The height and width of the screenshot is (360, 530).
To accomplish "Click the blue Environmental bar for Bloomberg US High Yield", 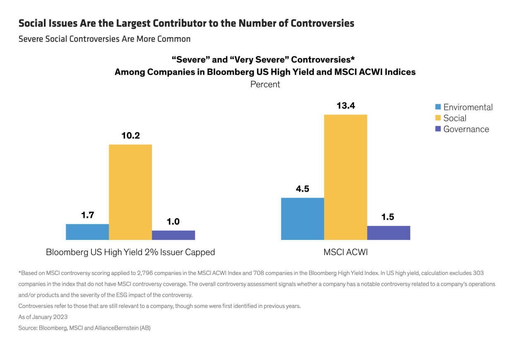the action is [87, 232].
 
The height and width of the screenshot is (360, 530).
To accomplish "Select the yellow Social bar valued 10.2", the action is [130, 192].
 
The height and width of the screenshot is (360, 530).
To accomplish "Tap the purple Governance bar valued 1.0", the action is [173, 235].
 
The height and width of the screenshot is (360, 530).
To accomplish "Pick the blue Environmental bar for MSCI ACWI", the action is [303, 219].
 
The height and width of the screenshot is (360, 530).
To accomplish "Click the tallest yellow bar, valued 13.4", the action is [346, 177].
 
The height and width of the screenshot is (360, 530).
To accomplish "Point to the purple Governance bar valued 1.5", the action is [389, 233].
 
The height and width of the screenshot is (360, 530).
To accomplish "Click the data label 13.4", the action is [346, 106].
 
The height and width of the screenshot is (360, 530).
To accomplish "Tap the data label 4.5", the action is [302, 188].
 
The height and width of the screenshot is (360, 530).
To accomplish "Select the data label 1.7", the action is [87, 215].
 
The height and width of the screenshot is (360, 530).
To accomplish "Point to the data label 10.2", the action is [130, 135].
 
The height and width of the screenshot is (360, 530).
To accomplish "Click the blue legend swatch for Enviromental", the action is [438, 107].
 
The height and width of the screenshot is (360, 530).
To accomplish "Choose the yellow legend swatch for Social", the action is [438, 118].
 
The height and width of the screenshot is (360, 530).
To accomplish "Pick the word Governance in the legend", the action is [466, 129].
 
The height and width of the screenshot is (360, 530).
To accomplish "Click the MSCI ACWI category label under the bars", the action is [345, 252].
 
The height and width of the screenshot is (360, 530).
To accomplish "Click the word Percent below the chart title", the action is [265, 84].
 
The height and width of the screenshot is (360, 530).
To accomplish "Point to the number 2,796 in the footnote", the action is [145, 273].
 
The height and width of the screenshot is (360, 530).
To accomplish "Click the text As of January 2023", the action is [43, 317].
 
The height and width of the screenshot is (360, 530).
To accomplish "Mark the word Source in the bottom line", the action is [28, 328].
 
